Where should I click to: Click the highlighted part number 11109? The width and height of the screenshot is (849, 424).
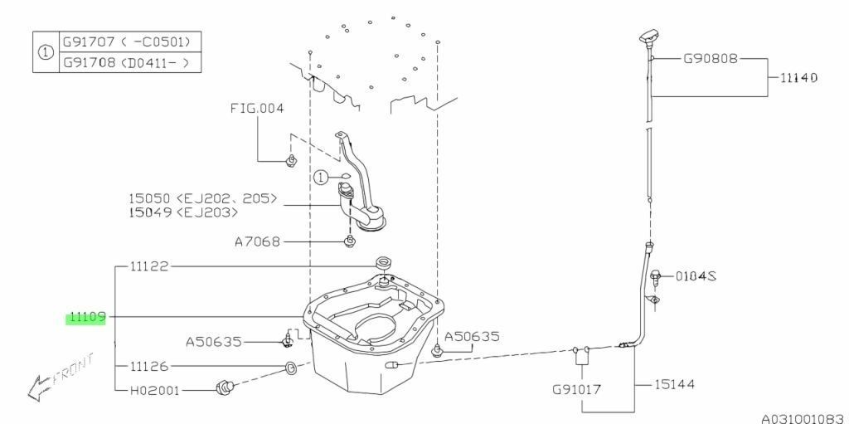(85, 317)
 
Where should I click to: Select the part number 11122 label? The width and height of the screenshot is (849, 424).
(149, 266)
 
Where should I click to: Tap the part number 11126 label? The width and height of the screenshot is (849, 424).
(149, 366)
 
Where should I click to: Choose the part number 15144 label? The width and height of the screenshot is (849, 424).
(672, 384)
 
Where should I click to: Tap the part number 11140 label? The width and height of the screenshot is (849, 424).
(798, 77)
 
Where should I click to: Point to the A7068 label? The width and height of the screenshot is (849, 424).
(257, 242)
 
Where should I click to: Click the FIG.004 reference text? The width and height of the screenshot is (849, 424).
(258, 109)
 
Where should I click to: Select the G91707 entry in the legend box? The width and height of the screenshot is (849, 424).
(130, 40)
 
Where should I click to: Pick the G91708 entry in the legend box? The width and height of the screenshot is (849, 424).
(130, 61)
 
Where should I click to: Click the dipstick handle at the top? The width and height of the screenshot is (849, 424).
(648, 37)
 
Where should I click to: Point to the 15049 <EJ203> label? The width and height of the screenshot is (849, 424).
(183, 213)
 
